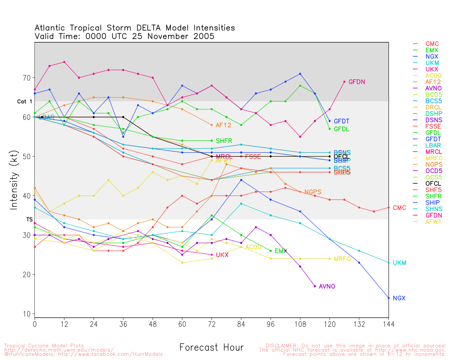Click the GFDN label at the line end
click(x=356, y=82)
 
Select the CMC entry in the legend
click(x=432, y=44)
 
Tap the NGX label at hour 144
click(x=399, y=298)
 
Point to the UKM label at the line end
click(x=399, y=263)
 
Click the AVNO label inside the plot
click(x=327, y=287)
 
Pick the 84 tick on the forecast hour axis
click(x=241, y=324)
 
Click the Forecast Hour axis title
click(x=211, y=348)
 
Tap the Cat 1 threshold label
click(x=25, y=102)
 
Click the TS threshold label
click(x=29, y=219)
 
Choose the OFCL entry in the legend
click(x=433, y=184)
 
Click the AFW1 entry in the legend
click(x=433, y=221)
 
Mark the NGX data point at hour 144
click(x=388, y=298)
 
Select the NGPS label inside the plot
click(x=313, y=192)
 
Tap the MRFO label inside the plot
click(x=342, y=259)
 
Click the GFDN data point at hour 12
click(x=64, y=62)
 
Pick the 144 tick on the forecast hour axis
click(x=388, y=324)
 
